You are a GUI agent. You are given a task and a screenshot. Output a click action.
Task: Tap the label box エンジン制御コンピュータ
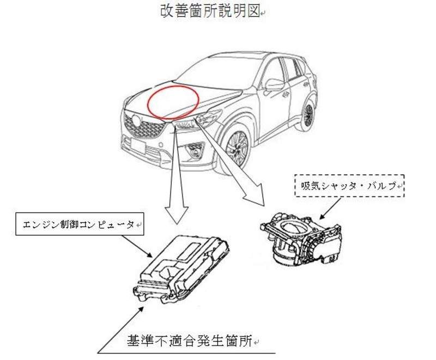tap(80, 224)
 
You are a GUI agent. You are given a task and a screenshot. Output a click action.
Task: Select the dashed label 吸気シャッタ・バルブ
tap(349, 186)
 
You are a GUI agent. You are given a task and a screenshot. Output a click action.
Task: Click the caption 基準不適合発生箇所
tap(190, 341)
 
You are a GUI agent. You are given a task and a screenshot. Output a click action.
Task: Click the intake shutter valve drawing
tap(301, 239)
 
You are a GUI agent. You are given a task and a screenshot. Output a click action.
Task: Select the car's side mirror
tap(274, 85)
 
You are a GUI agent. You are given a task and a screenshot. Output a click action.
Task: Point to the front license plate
tap(138, 145)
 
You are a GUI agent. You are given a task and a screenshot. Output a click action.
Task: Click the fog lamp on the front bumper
tap(195, 151)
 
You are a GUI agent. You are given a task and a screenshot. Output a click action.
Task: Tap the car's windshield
tap(220, 73)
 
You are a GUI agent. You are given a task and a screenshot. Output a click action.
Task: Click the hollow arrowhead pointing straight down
tap(176, 215)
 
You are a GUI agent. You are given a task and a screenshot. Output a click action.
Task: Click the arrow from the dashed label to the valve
tap(330, 209)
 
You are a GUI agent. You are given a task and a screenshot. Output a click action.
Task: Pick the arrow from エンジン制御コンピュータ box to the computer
tap(137, 246)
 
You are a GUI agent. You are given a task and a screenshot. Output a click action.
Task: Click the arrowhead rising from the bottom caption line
tap(140, 311)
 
